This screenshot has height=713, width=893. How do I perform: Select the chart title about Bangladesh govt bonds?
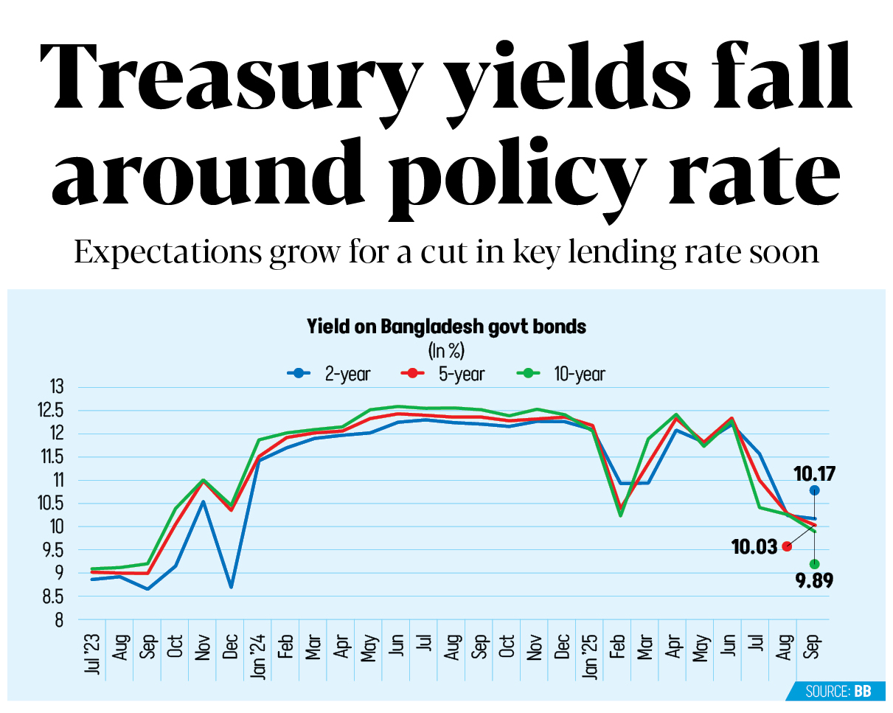446,326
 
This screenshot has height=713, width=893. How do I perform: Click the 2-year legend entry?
329,374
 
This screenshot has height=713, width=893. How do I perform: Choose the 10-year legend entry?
561,374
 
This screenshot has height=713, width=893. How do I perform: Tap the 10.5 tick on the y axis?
52,504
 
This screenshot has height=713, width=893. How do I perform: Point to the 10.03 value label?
754,546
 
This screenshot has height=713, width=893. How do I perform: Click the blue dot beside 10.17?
814,490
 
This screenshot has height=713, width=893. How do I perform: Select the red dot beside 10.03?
787,546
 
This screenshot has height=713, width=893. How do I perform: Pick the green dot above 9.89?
814,564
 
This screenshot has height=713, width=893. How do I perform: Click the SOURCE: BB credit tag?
838,692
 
